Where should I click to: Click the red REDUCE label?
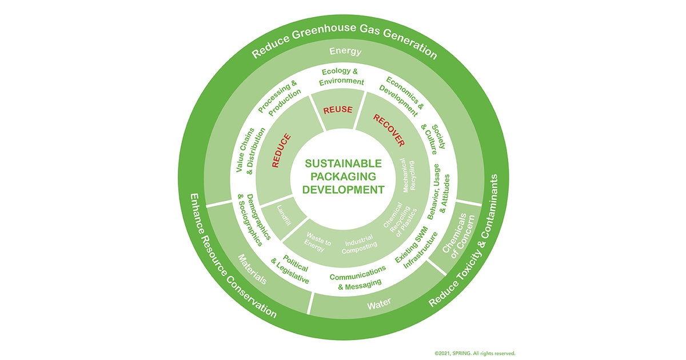[x=282, y=150]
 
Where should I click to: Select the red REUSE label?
[x=338, y=110]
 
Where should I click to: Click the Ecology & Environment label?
[x=342, y=77]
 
